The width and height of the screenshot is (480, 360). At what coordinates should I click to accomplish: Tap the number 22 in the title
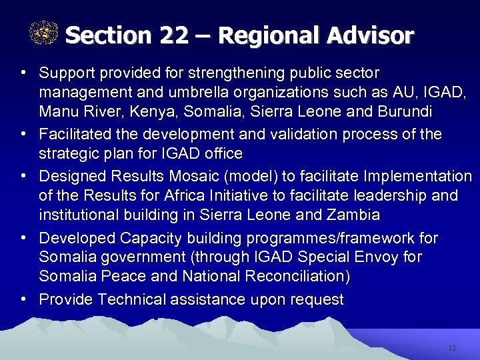click(174, 35)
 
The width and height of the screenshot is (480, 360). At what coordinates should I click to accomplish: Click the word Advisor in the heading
click(371, 35)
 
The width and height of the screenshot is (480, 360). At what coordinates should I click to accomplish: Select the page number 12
click(452, 348)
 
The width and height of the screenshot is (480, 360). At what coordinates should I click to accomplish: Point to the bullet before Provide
click(23, 299)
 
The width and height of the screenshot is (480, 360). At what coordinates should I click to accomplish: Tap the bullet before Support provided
click(23, 71)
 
